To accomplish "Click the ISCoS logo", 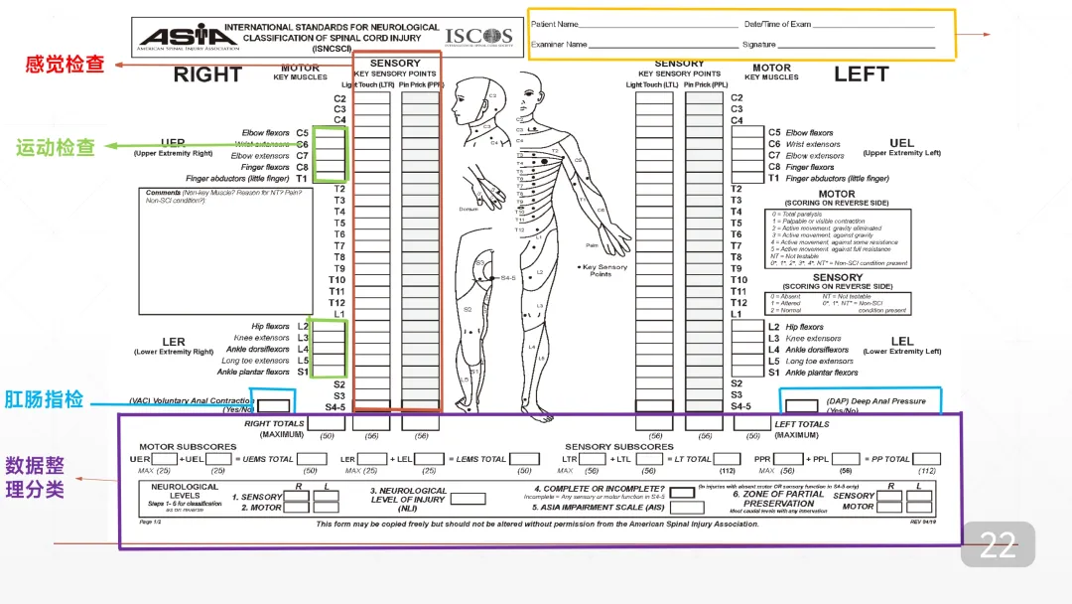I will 478,37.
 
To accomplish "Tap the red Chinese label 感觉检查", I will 66,65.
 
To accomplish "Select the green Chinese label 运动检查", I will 56,147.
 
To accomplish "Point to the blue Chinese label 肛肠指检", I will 44,399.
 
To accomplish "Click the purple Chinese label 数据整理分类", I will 36,477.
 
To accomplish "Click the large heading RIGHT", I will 207,75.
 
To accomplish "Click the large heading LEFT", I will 861,75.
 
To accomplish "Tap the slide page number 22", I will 998,544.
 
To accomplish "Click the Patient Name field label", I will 555,24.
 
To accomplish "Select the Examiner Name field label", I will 559,45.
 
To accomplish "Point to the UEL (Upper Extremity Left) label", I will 901,147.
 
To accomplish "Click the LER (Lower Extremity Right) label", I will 174,346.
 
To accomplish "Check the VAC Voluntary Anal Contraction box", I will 275,404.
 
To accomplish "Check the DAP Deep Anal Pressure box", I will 800,405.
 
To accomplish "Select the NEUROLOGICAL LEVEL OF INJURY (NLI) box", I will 468,499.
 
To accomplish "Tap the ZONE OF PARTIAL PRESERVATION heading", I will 778,498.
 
